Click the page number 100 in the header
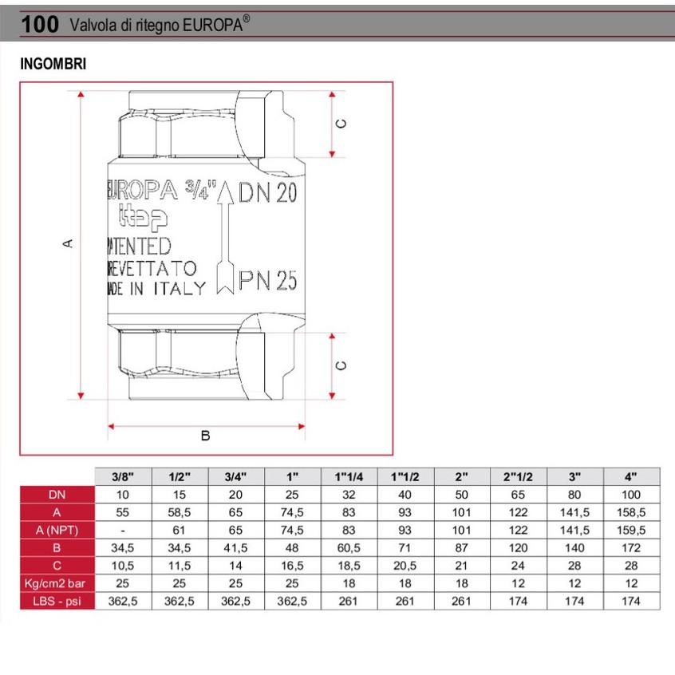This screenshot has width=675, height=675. tap(40, 25)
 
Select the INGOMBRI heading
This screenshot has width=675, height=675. tap(53, 63)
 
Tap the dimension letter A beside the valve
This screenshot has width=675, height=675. tap(68, 243)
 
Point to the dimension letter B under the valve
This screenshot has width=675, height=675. tap(205, 436)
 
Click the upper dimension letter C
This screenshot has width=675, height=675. tap(341, 124)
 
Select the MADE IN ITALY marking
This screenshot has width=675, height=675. tap(156, 289)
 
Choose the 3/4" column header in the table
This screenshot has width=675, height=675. tap(236, 476)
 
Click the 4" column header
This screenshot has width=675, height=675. tap(631, 476)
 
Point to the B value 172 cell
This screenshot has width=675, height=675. tap(631, 548)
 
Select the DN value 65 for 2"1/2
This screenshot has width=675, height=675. tap(518, 495)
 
